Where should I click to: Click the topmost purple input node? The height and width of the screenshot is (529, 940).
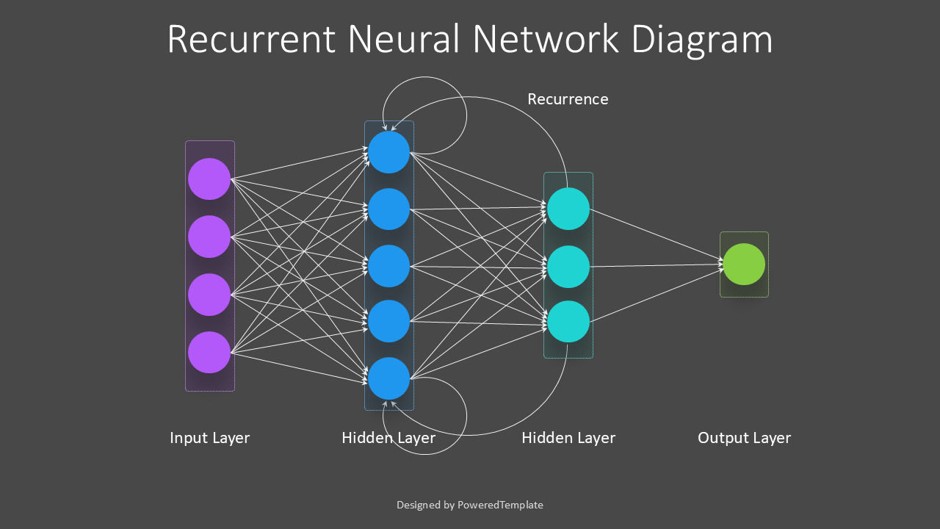click(209, 179)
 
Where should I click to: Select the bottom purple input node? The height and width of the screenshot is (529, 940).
click(209, 352)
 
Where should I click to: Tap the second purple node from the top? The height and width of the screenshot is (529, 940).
click(209, 237)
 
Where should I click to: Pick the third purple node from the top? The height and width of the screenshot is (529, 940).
click(209, 295)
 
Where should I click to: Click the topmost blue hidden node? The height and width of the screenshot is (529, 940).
click(388, 152)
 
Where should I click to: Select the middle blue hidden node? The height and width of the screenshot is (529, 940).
click(388, 265)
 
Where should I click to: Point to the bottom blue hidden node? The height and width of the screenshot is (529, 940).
click(388, 378)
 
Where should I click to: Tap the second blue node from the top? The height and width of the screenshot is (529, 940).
click(388, 209)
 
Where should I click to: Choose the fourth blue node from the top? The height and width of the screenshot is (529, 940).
click(388, 321)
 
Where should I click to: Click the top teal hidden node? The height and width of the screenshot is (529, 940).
click(568, 209)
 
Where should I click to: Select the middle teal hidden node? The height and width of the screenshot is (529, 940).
click(568, 266)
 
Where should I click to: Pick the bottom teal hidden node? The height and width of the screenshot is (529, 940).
click(568, 321)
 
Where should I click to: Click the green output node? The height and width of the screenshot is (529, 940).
click(744, 264)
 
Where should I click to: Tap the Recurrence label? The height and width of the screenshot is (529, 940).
click(568, 99)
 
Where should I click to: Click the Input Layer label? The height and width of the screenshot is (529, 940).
click(209, 438)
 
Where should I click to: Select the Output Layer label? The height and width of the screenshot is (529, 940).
click(744, 438)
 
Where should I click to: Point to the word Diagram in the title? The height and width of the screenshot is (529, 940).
click(701, 40)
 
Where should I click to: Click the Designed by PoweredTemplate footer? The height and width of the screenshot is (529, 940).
click(470, 505)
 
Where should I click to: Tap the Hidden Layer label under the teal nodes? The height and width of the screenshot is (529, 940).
click(568, 438)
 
